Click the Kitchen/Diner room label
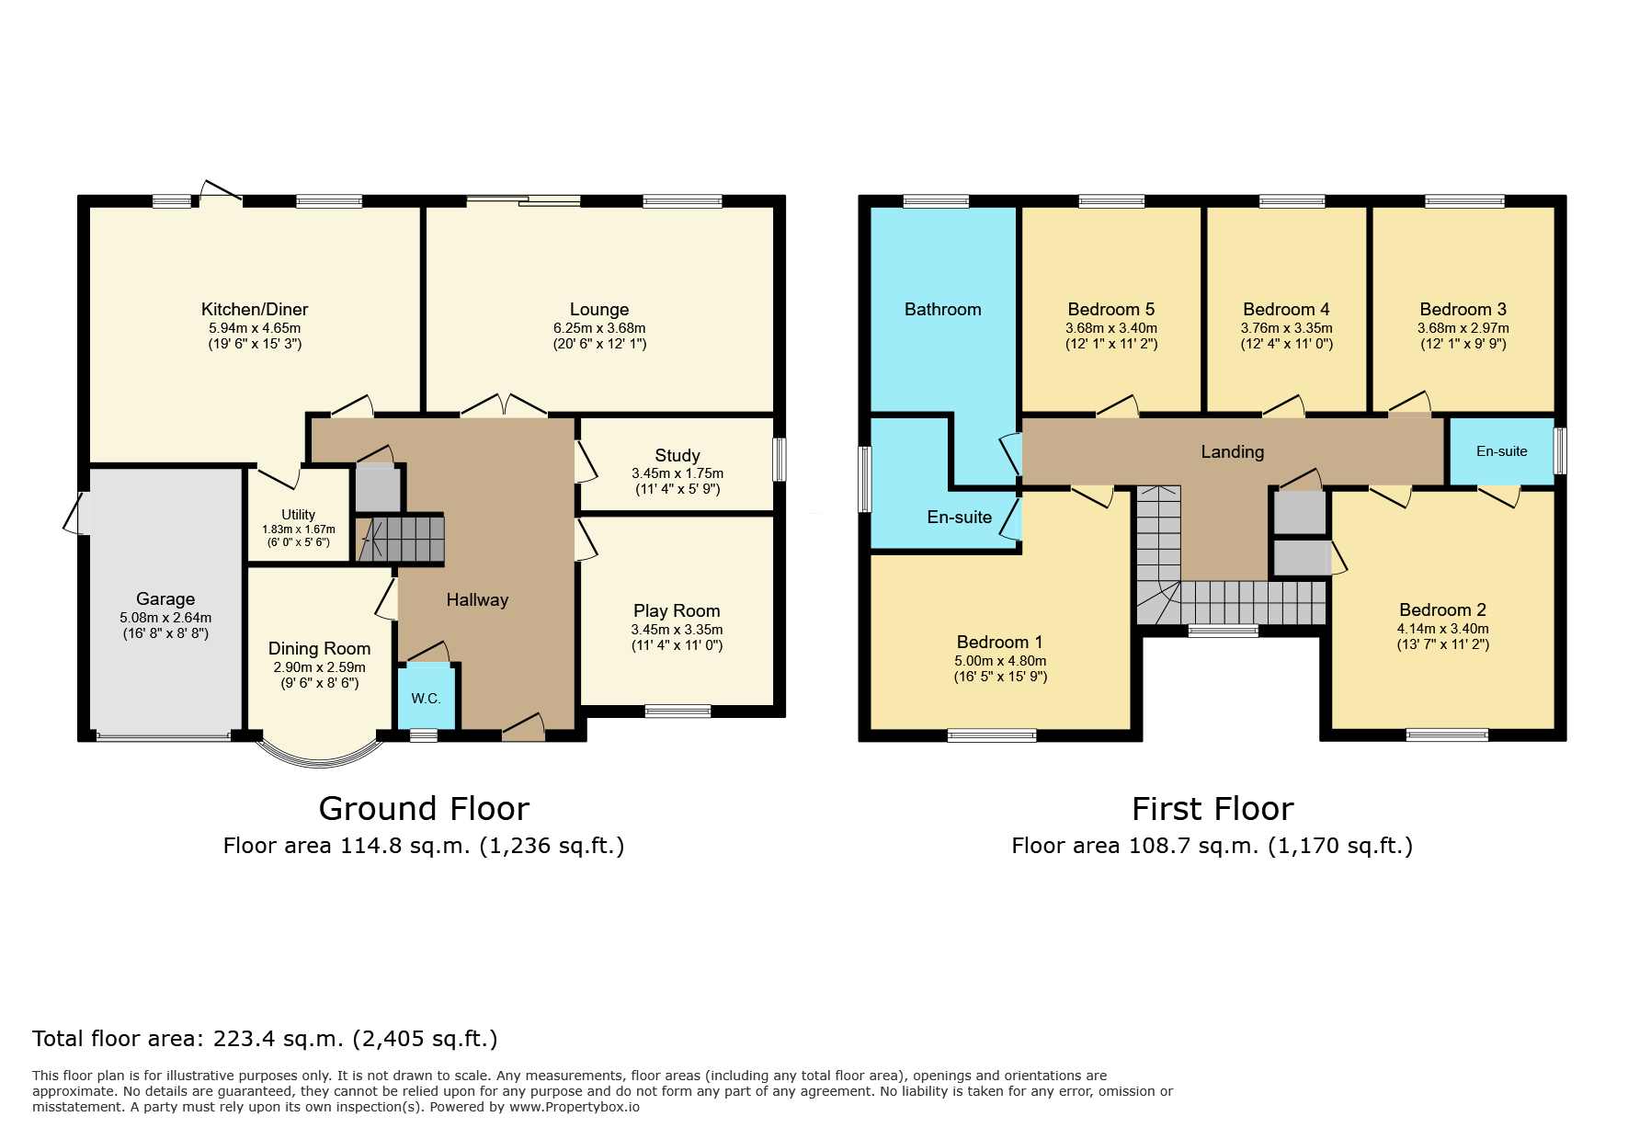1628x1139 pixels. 255,309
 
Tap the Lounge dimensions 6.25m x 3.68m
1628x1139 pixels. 599,328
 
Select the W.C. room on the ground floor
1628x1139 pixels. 427,696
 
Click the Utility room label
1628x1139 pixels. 298,515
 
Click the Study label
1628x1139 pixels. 677,455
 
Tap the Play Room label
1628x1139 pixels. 677,610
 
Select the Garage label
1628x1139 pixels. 165,598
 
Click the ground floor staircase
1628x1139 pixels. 401,539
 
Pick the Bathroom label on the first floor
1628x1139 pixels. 943,309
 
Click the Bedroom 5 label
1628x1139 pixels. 1111,309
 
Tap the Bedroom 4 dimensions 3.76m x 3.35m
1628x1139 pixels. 1287,328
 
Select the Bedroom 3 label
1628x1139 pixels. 1463,309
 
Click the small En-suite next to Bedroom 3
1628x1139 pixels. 1502,451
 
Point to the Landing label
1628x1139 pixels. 1233,451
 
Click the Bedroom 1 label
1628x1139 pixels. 1000,642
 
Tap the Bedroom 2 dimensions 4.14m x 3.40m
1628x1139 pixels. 1443,629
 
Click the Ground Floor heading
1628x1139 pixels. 424,808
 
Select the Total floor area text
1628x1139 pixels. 265,1039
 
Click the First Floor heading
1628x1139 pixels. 1212,808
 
